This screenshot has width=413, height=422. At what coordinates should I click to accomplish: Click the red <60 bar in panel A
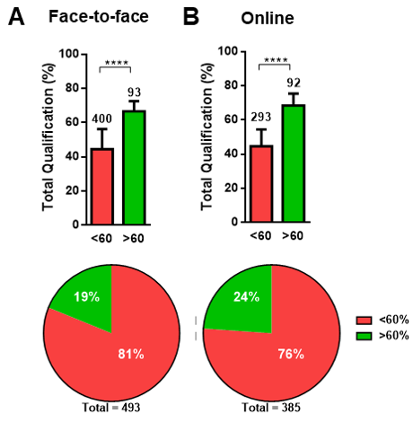tap(101, 186)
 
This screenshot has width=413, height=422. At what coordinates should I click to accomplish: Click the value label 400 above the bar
tap(101, 119)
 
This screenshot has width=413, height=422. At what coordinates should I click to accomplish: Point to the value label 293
tap(262, 119)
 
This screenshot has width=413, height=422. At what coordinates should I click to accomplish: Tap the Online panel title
tap(269, 18)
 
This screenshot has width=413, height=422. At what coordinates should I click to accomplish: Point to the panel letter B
tap(190, 17)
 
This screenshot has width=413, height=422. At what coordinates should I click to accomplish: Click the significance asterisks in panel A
tap(116, 62)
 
